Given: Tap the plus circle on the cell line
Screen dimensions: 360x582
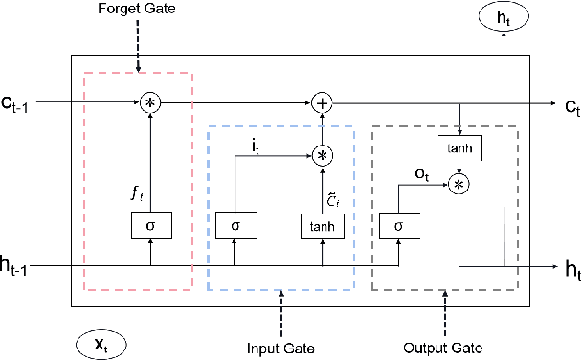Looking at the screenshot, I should click(321, 101).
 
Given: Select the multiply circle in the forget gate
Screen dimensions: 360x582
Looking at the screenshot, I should click(149, 101).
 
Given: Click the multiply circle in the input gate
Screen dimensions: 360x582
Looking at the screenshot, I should click(321, 154).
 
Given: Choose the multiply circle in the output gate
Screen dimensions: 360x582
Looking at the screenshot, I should click(459, 184).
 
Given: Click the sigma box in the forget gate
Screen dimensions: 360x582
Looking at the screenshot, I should click(149, 227).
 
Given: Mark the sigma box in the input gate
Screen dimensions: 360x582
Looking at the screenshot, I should click(234, 227).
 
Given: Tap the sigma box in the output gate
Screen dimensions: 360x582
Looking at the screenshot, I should click(397, 227).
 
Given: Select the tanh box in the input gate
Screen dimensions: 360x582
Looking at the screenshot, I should click(321, 227).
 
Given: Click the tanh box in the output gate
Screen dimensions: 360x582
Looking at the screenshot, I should click(459, 148).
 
